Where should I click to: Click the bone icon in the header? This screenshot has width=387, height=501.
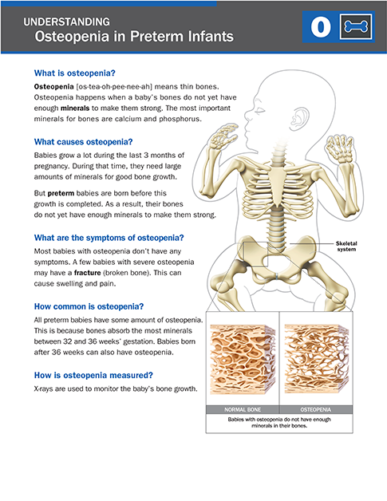click(x=356, y=27)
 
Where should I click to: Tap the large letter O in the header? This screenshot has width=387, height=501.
click(x=321, y=27)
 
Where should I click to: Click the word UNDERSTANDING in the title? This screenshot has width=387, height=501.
click(x=66, y=22)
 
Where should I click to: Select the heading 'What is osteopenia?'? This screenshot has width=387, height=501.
click(x=74, y=73)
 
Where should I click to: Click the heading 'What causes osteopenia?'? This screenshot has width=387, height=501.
click(x=83, y=142)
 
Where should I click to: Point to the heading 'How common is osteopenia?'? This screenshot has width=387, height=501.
click(x=89, y=306)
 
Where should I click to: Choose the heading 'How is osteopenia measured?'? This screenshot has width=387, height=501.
click(x=93, y=375)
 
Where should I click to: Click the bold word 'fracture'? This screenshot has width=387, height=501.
click(x=87, y=273)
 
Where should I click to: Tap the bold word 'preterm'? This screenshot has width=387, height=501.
click(x=61, y=193)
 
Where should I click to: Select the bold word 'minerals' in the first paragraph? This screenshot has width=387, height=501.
click(x=75, y=108)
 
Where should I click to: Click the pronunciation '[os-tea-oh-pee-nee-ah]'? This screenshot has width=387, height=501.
click(x=114, y=87)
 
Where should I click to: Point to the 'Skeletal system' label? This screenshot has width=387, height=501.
click(x=346, y=247)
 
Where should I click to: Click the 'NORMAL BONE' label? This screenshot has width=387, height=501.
click(x=243, y=409)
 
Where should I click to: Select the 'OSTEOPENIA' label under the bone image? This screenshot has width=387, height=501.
click(x=316, y=409)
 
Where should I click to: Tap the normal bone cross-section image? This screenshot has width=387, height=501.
click(x=243, y=359)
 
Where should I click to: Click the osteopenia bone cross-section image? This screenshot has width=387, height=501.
click(x=316, y=359)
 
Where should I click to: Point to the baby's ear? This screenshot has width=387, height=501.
click(x=300, y=117)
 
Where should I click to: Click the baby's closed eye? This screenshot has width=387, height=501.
click(x=260, y=111)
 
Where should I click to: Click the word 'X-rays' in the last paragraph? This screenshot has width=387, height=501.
click(x=44, y=389)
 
